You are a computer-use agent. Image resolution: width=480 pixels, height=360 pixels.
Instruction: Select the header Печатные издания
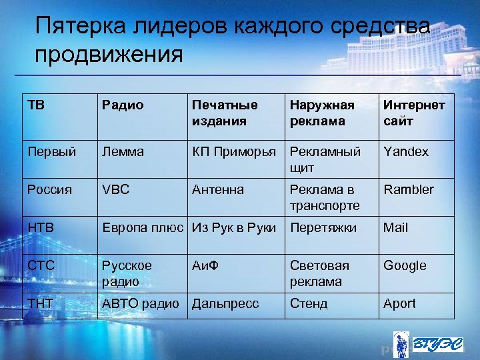click(x=225, y=113)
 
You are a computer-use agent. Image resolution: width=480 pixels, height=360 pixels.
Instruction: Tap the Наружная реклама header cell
click(x=322, y=113)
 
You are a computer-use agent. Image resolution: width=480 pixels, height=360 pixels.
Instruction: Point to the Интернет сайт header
click(x=414, y=113)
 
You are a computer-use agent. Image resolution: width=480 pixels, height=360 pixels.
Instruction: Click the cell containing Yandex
click(x=406, y=151)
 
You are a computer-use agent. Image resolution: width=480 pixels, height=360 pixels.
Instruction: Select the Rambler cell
click(x=408, y=189)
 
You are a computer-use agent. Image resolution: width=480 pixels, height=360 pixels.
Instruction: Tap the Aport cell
click(x=399, y=303)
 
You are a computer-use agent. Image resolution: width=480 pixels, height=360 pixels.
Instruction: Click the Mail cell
click(x=395, y=227)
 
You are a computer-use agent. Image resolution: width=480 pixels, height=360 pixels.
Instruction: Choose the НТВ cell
click(x=41, y=227)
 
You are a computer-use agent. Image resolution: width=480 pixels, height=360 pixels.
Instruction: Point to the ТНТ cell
click(x=41, y=303)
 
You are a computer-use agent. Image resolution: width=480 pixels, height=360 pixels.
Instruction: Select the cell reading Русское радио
click(x=127, y=273)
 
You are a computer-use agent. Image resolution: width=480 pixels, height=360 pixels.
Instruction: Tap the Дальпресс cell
click(x=225, y=303)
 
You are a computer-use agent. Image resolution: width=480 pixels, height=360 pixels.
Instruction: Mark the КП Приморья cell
click(x=233, y=151)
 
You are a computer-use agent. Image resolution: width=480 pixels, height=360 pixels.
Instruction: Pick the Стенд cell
click(x=309, y=303)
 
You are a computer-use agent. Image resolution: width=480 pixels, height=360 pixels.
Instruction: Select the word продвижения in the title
click(x=109, y=54)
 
